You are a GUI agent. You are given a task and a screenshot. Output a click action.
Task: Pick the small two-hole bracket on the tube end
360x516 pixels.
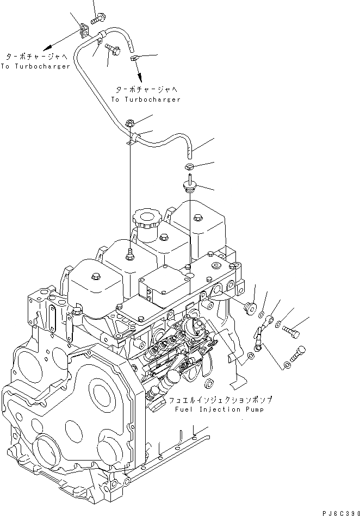click(x=84, y=30)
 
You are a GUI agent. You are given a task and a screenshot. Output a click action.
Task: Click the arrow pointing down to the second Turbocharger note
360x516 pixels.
click(x=138, y=70)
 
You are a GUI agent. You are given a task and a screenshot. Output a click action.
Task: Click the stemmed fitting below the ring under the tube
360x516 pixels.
click(x=189, y=186)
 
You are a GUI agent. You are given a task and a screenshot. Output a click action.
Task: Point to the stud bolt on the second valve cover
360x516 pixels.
click(x=129, y=253)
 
